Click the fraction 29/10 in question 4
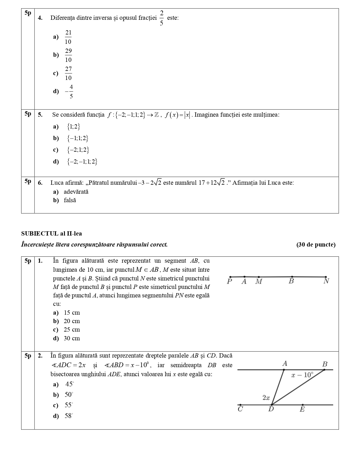point(68,55)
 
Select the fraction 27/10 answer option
point(68,73)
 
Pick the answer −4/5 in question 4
point(69,91)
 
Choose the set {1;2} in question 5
point(73,127)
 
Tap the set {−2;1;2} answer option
point(78,150)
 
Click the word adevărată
point(76,192)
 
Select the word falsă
point(70,200)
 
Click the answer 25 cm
point(72,330)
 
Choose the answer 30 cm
point(72,338)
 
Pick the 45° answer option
point(69,384)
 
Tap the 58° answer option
point(69,416)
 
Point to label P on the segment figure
point(230,282)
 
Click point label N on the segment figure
point(326,281)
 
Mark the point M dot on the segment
point(259,277)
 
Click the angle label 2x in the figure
point(266,398)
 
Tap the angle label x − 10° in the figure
point(302,375)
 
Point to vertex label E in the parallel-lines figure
point(302,410)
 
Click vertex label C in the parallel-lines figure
point(240,409)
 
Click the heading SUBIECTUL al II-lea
point(51,234)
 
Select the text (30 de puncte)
point(316,245)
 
